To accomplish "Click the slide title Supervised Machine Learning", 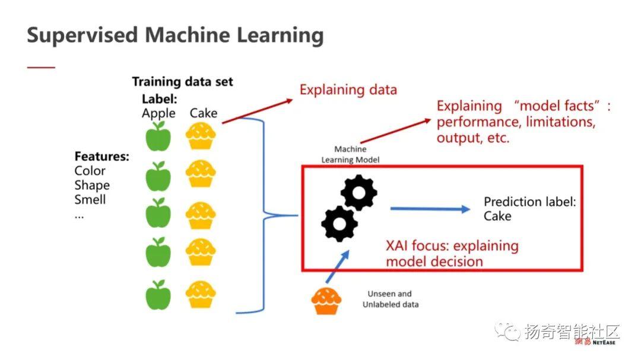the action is point(175,35).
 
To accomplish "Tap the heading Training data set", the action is point(182,82).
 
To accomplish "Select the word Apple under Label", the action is point(158,114).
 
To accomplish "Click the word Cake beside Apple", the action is point(203,113).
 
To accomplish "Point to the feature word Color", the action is point(90,171).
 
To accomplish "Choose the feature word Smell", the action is point(90,199).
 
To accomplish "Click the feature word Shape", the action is point(92,186).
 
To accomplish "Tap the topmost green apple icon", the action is point(158,136).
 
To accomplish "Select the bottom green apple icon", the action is point(158,295).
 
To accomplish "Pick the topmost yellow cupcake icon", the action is point(201,136).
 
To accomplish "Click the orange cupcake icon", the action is point(326,301).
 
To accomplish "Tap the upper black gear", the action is point(358,193).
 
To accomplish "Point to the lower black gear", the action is point(339,224).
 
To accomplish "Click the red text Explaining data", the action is point(348,90).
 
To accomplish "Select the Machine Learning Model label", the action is point(350,154).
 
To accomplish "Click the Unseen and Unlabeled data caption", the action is point(391,299).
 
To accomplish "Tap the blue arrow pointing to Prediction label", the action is point(430,209).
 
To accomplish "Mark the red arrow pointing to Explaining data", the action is point(258,111).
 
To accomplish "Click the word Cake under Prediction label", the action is point(497,216).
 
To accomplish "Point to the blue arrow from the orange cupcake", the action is point(338,266).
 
